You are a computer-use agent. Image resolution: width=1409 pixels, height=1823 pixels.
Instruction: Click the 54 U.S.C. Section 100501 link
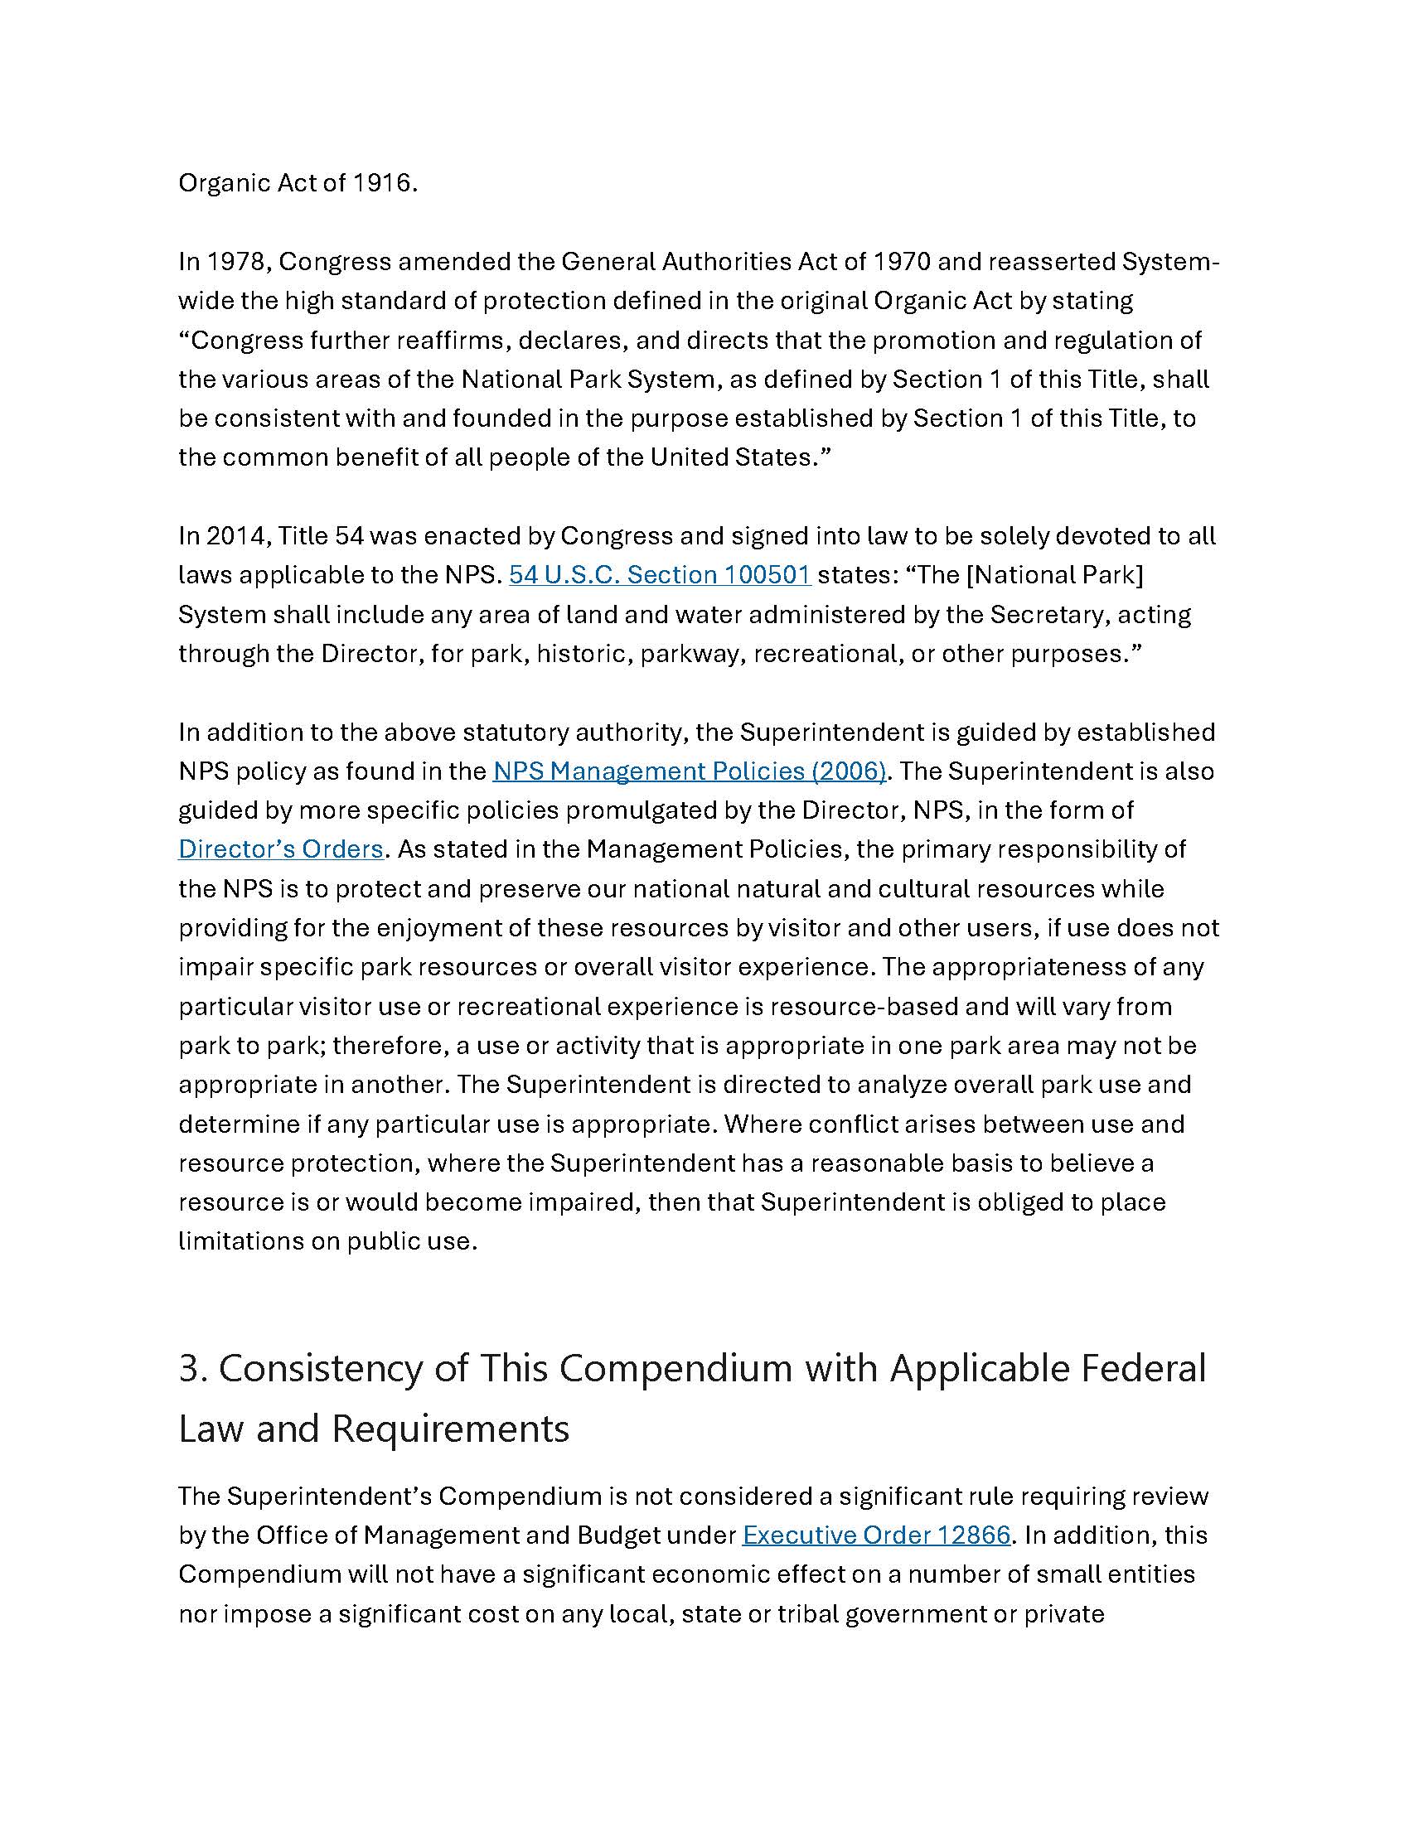click(x=660, y=575)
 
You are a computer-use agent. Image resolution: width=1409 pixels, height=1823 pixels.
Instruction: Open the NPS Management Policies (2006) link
click(x=689, y=771)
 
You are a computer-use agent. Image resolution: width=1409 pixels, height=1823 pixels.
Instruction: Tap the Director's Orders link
click(x=280, y=849)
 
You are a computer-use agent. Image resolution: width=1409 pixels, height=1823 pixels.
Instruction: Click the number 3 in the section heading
click(x=191, y=1369)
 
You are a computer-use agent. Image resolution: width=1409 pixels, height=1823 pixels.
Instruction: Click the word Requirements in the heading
click(x=450, y=1429)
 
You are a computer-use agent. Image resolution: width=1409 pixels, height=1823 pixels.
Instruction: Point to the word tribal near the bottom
click(x=807, y=1614)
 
